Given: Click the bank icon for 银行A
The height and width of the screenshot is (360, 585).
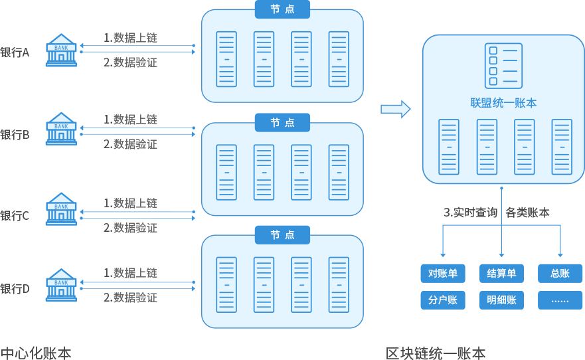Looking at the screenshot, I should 61,50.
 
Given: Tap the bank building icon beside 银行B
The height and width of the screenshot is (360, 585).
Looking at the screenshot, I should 61,129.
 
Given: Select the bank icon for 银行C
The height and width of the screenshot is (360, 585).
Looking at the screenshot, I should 61,210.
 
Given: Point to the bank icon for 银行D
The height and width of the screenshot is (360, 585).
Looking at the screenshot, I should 61,286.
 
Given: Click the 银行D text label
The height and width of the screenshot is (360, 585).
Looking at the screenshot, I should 15,289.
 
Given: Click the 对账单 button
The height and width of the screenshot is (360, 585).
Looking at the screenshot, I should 443,274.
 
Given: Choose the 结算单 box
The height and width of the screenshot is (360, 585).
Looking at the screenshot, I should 501,274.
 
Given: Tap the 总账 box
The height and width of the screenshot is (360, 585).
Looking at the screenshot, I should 560,274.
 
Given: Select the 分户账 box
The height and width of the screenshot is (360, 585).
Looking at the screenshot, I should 443,300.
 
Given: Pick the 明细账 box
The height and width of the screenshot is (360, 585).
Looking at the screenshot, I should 501,300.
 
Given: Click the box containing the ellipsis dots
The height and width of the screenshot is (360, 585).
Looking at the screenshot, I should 560,300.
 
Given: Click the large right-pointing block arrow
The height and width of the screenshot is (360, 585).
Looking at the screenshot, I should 396,109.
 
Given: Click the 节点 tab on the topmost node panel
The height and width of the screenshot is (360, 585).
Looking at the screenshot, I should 282,9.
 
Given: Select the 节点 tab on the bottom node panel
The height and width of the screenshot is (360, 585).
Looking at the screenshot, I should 282,235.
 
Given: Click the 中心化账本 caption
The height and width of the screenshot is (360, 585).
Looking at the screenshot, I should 36,353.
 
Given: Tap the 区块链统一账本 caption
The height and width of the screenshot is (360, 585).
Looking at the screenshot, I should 436,353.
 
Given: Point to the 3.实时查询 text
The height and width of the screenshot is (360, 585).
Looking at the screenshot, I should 470,213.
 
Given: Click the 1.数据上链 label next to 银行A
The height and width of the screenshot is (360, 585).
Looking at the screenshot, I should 131,38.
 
